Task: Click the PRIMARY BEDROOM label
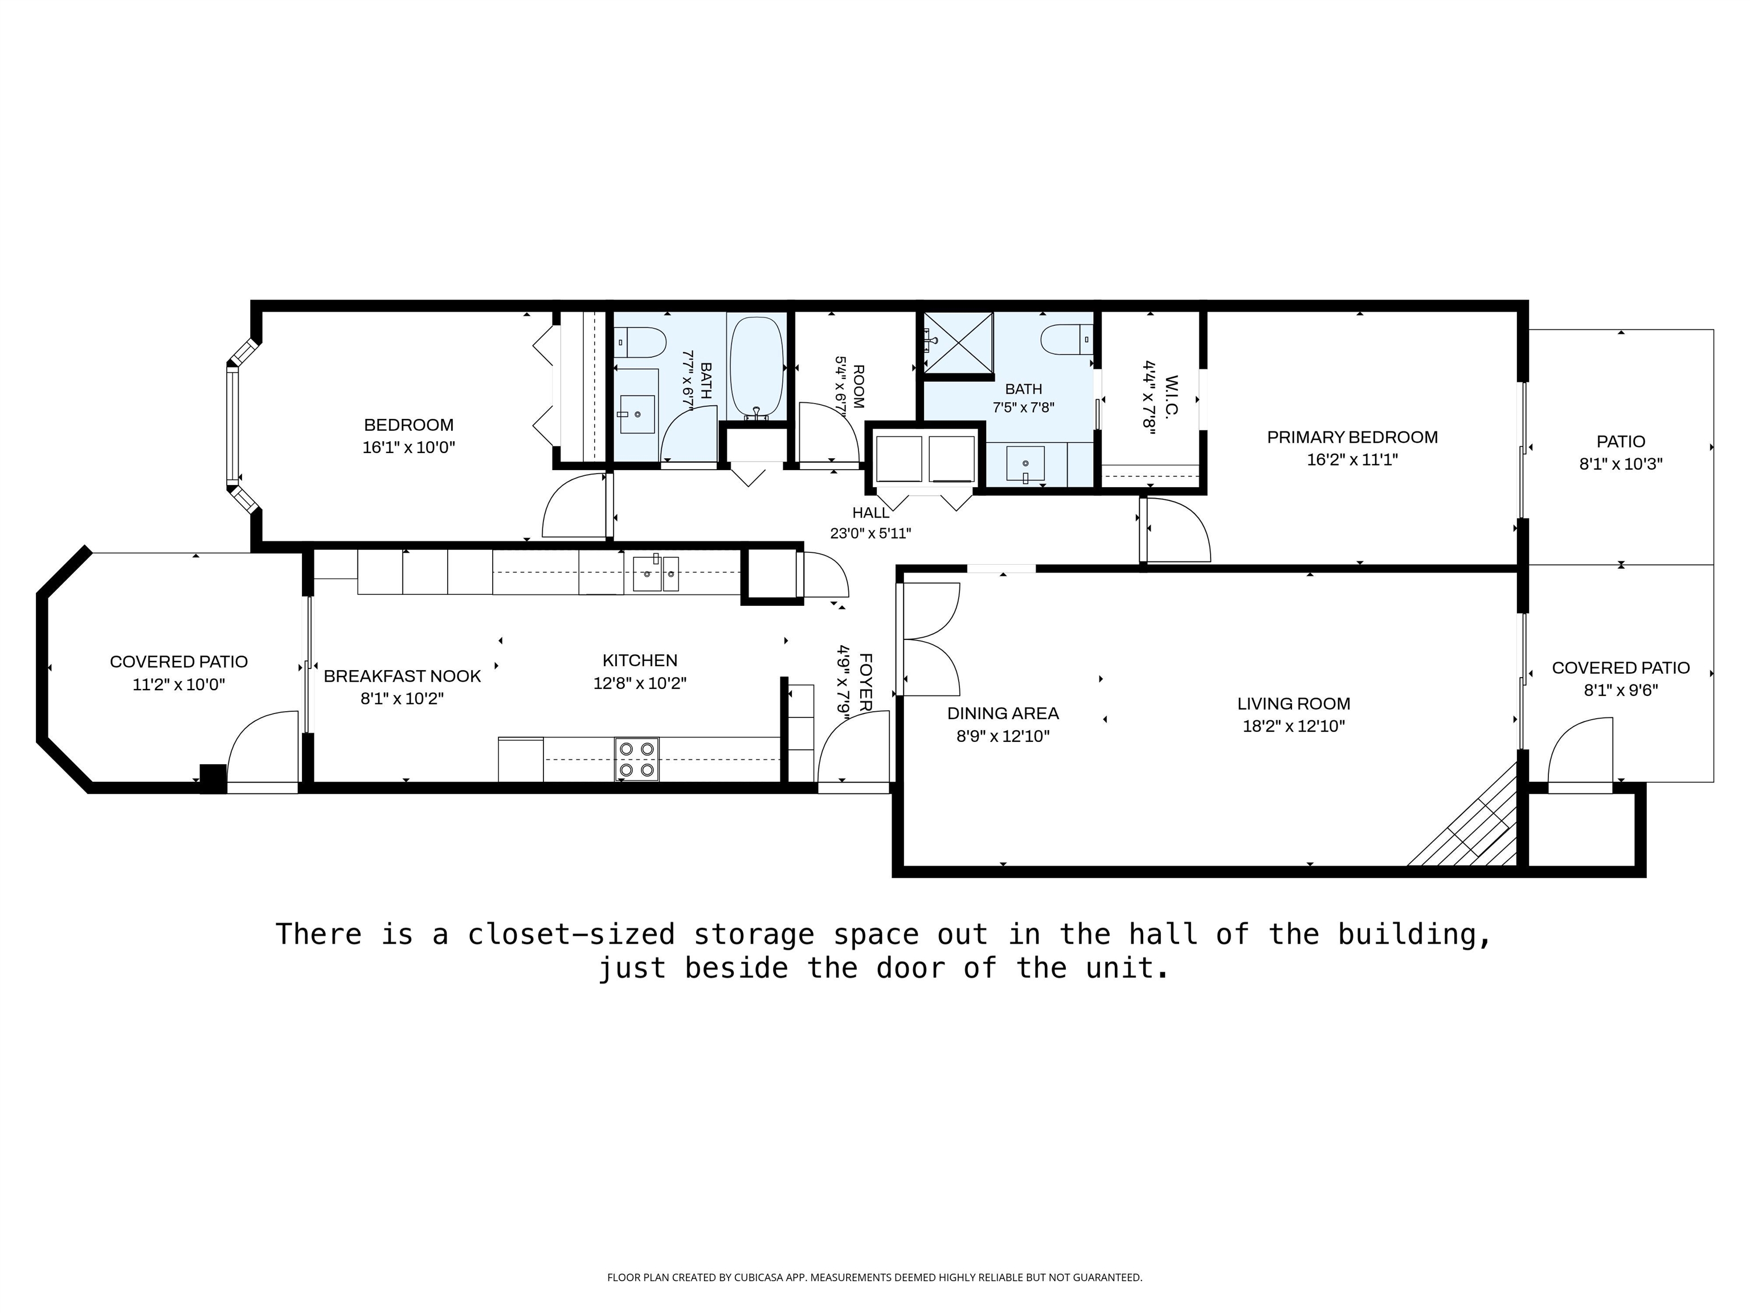point(1352,437)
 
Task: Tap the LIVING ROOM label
point(1294,704)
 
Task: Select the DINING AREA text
point(1003,713)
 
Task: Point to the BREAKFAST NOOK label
point(402,676)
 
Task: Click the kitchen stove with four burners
point(637,759)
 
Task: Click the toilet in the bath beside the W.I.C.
point(1066,340)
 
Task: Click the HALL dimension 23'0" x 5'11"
point(870,533)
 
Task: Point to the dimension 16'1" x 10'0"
point(408,447)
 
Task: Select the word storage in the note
point(754,935)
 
